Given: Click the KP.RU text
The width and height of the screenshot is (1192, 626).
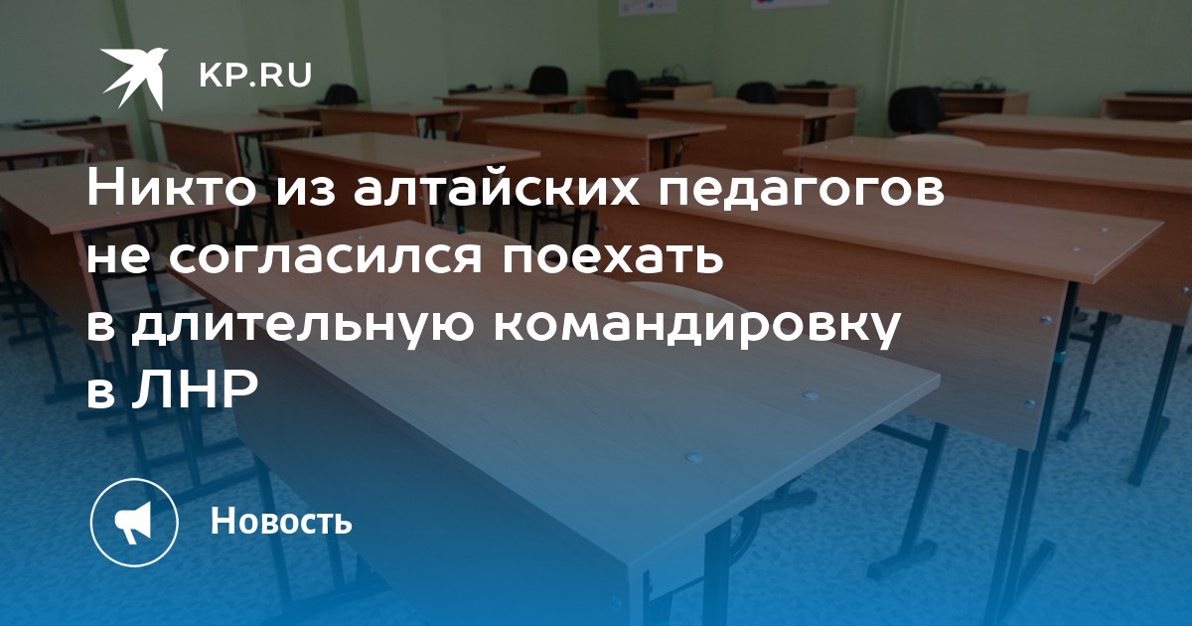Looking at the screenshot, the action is (255, 76).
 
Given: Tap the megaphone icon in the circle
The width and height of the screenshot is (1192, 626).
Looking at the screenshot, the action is (133, 523).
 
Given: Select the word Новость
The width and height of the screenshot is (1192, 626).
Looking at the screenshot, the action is (281, 521).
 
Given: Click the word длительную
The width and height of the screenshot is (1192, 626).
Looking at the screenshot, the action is (303, 325).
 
